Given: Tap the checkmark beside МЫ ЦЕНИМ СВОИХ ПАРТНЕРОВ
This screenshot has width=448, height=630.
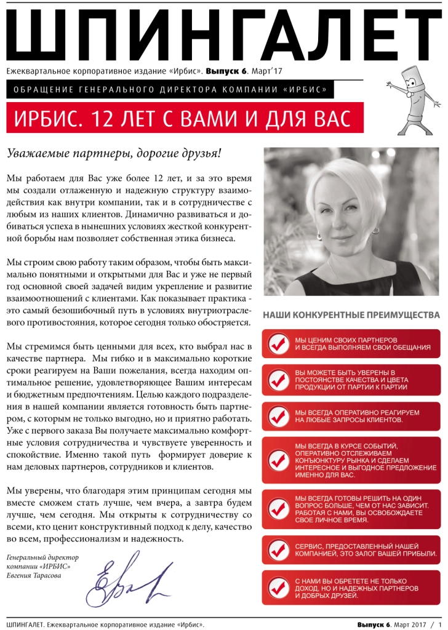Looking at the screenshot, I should coord(280,344).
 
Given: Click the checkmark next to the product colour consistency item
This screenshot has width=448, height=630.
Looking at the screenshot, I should coord(280,378).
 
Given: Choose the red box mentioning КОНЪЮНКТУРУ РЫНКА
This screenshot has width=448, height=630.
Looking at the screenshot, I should coord(351,460).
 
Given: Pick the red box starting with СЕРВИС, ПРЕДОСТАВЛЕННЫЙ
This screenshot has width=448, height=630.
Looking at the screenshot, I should coord(351,549).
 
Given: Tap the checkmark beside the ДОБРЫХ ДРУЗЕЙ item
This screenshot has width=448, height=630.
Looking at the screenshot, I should coord(280,588).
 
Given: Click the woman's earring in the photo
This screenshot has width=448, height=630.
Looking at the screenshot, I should coord(320,236).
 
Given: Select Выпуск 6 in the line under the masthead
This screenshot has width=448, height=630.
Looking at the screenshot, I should coord(226,71).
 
